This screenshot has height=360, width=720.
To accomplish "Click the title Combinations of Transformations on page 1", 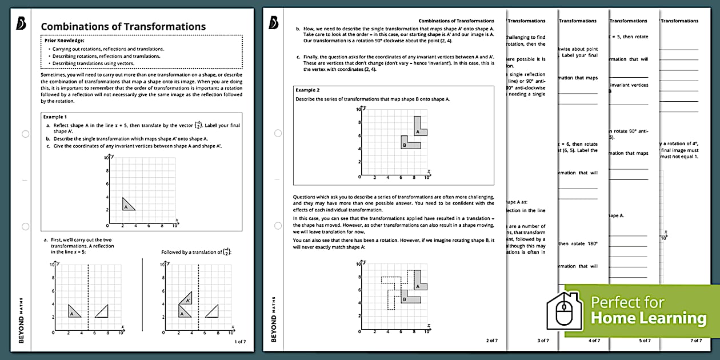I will tap(123, 26).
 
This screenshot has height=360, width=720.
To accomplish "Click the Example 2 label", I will tap(307, 90).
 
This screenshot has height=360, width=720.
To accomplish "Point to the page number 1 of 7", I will tap(240, 341).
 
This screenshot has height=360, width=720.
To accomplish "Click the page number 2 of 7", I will tap(491, 341).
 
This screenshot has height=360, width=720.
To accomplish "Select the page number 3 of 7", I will tap(543, 341).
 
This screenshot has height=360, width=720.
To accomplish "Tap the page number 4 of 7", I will tap(594, 341).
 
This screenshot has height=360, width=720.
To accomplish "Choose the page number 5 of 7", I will tap(645, 341).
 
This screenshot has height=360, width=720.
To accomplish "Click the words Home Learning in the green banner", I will tap(648, 318).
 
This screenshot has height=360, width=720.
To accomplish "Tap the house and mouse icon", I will tap(565, 311).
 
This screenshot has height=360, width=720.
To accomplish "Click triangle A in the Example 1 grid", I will tap(127, 205).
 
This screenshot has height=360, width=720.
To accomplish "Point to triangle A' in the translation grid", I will tap(186, 298).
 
